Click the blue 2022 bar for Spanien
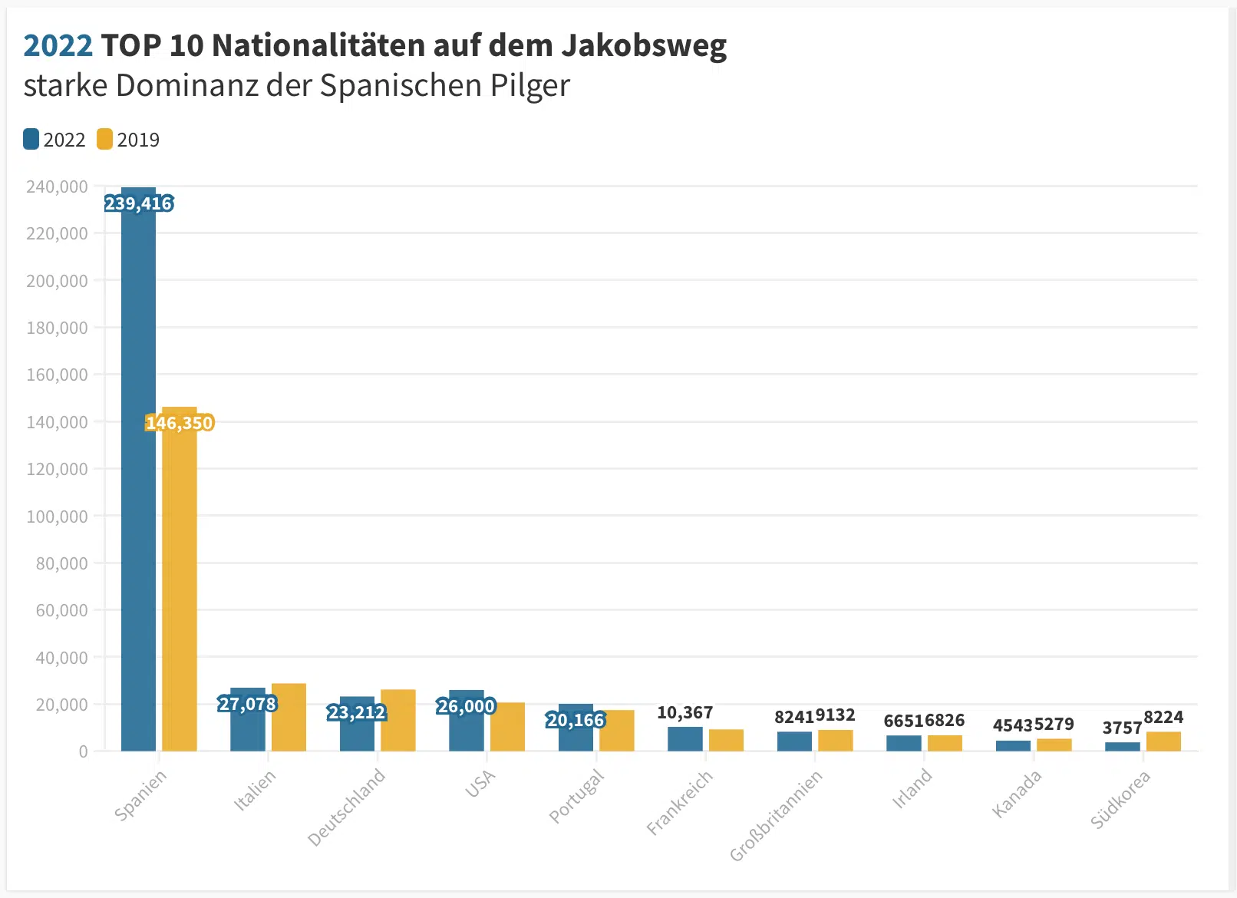click(138, 470)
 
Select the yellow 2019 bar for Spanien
click(180, 579)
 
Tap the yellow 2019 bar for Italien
click(289, 717)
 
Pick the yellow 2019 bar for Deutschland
click(398, 720)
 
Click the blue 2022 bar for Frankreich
click(684, 739)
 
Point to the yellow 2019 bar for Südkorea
click(1163, 741)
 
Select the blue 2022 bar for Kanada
click(1013, 745)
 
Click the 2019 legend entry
click(128, 140)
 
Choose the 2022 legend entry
click(54, 140)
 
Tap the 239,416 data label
click(139, 204)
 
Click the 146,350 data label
click(180, 423)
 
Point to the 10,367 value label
click(684, 712)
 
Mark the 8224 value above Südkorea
click(1163, 717)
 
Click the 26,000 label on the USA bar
click(466, 706)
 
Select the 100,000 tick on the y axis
click(57, 517)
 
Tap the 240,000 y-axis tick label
click(57, 187)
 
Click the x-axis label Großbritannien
click(775, 816)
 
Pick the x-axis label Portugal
click(576, 797)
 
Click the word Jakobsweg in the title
click(644, 45)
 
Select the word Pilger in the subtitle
click(529, 86)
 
